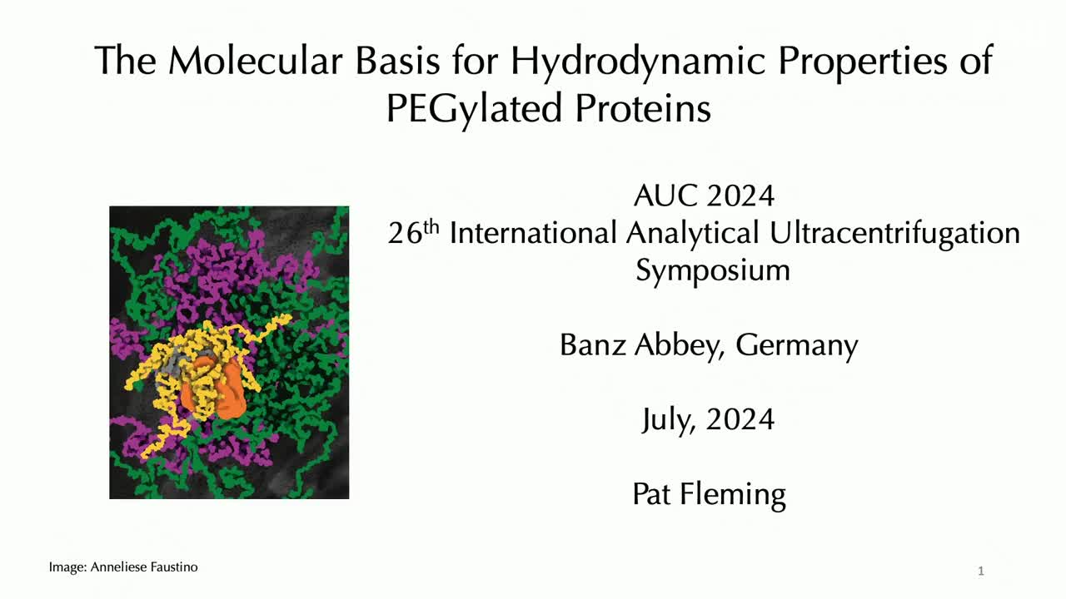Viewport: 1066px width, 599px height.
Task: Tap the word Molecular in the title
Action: coord(256,61)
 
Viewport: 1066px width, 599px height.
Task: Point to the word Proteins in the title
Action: coord(643,108)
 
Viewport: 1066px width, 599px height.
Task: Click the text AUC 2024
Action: coord(704,196)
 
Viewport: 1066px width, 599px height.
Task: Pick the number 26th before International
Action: coord(413,232)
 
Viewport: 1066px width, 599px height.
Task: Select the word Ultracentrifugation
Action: coord(894,234)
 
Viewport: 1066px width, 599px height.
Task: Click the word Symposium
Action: coord(713,271)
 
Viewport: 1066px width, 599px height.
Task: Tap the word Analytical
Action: coord(692,234)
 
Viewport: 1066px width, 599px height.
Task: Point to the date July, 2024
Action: coord(708,420)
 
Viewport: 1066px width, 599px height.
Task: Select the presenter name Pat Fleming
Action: coord(709,495)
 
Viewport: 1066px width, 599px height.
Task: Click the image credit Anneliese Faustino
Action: coord(144,567)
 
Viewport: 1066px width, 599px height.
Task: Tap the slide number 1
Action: coord(981,571)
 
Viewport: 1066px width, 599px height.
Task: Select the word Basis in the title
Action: coord(397,61)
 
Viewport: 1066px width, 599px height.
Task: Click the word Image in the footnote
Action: coord(67,567)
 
